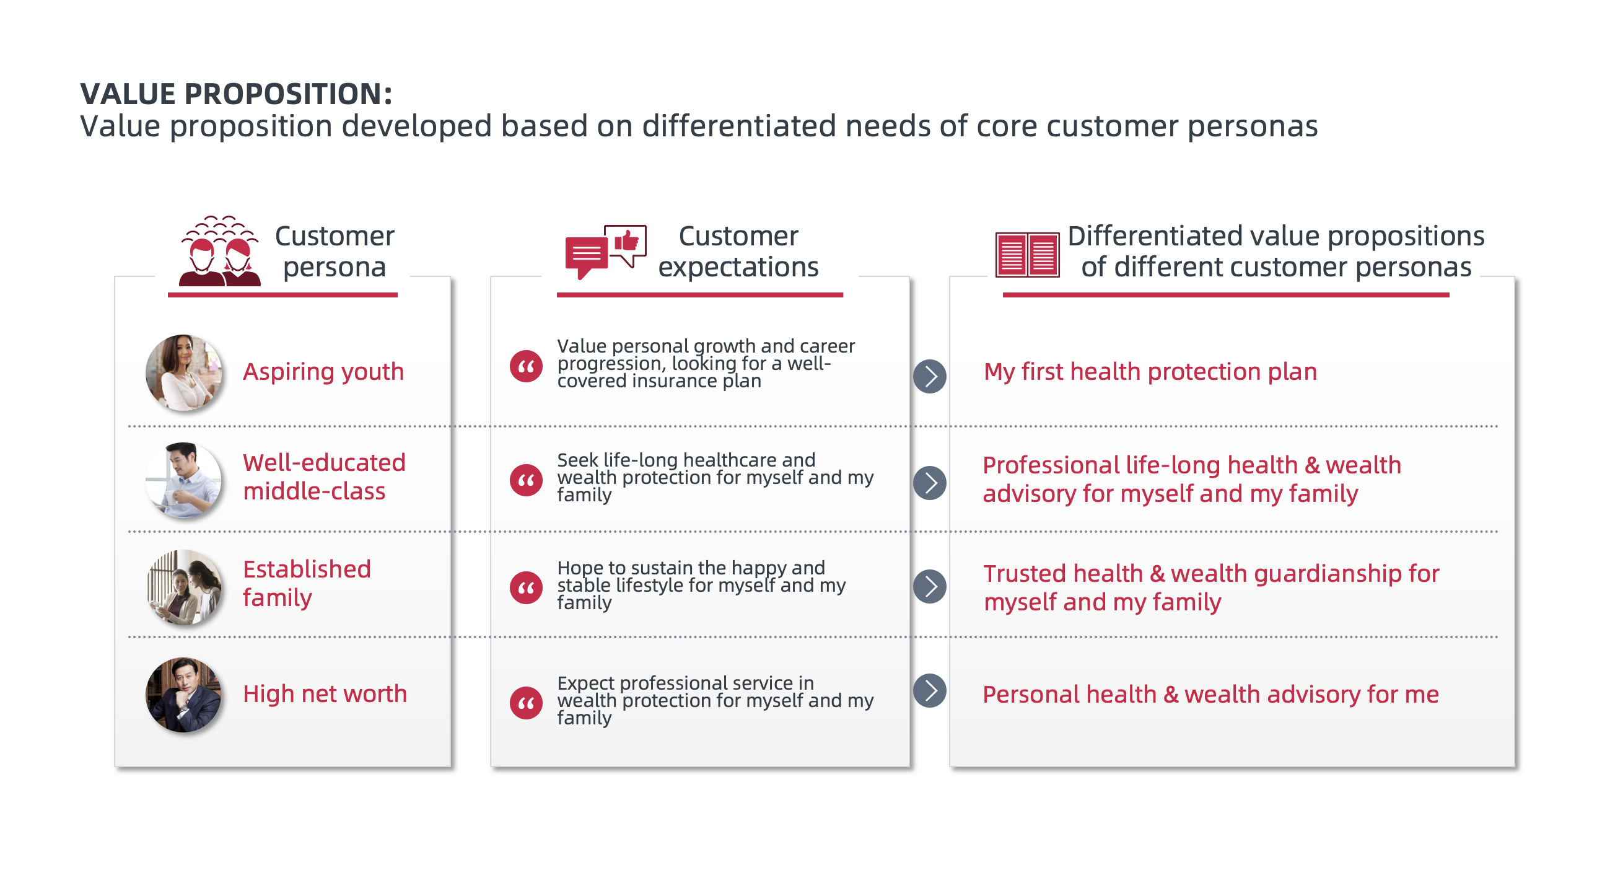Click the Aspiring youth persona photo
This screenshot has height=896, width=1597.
tap(183, 372)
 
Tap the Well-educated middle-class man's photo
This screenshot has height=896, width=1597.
tap(183, 480)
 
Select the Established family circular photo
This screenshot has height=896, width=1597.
tap(184, 587)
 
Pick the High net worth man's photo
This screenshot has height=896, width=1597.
tap(183, 695)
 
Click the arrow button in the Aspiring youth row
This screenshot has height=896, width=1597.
tap(929, 376)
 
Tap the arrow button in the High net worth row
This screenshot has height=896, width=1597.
tap(929, 690)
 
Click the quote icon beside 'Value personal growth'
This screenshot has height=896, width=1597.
tap(526, 366)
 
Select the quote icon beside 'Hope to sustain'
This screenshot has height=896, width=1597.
tap(526, 587)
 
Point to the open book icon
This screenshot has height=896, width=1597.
tap(1026, 255)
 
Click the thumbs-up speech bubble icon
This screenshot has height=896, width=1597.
tap(625, 243)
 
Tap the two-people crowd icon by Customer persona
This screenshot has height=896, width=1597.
tap(219, 252)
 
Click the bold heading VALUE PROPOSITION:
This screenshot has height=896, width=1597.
tap(235, 94)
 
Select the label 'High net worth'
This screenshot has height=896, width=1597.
tap(325, 693)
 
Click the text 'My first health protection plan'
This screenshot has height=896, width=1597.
tap(1150, 371)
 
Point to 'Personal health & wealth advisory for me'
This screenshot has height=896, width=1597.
tap(1210, 694)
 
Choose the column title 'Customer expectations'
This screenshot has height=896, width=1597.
tap(738, 251)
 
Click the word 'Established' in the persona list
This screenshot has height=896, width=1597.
tap(307, 569)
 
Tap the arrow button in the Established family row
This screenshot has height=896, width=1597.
tap(929, 586)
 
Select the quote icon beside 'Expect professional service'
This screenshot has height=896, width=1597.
tap(526, 703)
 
